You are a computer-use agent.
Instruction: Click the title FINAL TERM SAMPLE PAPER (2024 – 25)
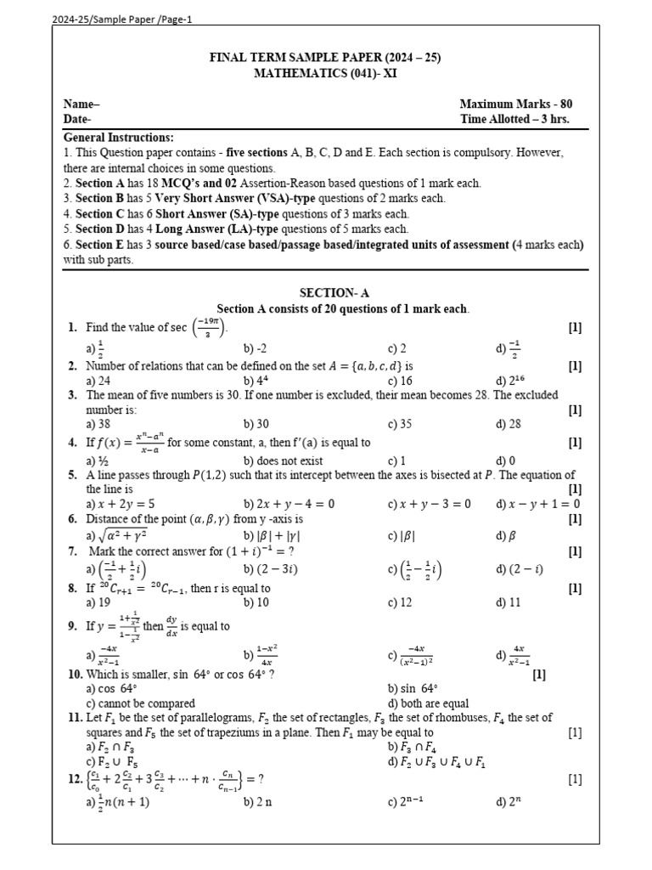pyautogui.click(x=325, y=58)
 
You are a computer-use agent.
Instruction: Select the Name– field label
pyautogui.click(x=81, y=105)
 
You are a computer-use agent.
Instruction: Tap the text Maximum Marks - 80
pyautogui.click(x=515, y=105)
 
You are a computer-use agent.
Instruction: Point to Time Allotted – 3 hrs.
pyautogui.click(x=514, y=120)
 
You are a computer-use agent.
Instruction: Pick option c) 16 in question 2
pyautogui.click(x=400, y=381)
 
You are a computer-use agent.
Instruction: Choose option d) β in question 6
pyautogui.click(x=507, y=536)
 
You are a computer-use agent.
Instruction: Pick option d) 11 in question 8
pyautogui.click(x=508, y=602)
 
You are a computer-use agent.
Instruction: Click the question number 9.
pyautogui.click(x=72, y=626)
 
